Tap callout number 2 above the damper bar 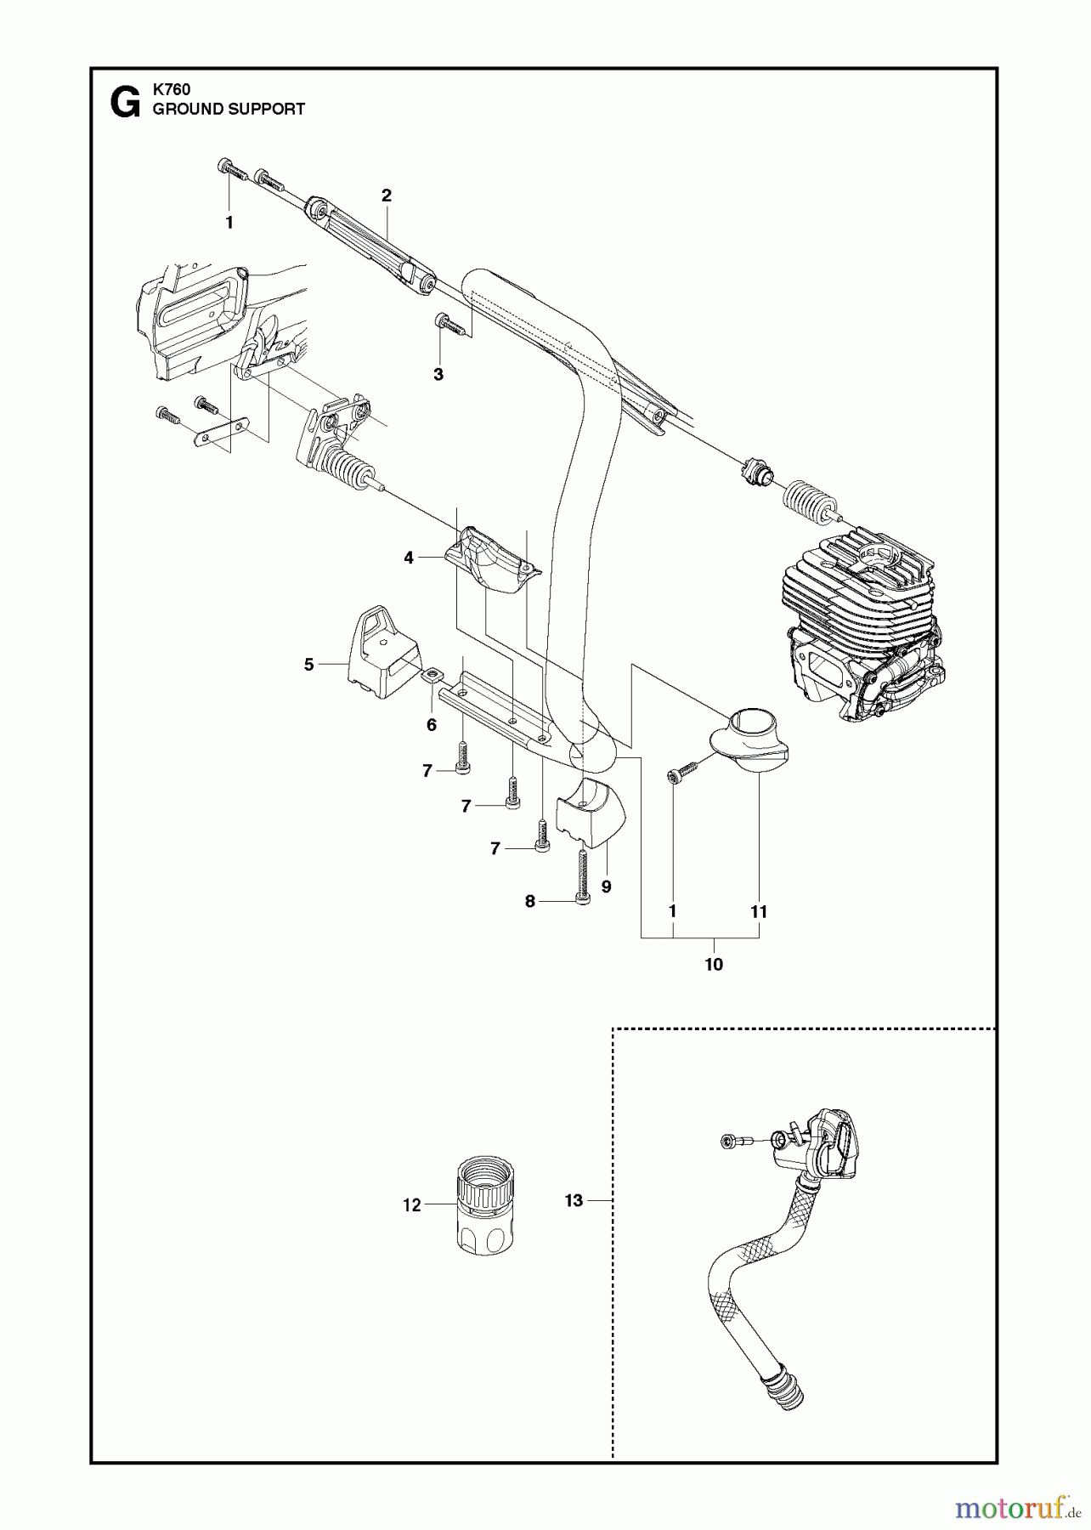click(387, 195)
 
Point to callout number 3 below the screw click(438, 374)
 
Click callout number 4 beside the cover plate click(409, 558)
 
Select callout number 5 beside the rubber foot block click(309, 665)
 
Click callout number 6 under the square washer click(432, 725)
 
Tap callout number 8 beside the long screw click(530, 902)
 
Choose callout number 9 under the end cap click(606, 887)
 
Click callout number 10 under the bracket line click(714, 965)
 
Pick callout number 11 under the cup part click(759, 911)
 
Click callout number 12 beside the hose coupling click(412, 1205)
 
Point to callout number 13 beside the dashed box click(574, 1200)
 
